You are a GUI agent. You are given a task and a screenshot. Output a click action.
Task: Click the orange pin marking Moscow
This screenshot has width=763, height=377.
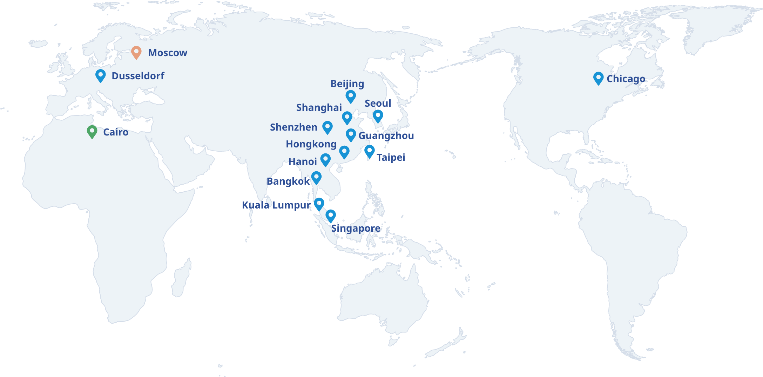tap(136, 52)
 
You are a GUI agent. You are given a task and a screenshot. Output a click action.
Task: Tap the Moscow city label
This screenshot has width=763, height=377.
tap(168, 53)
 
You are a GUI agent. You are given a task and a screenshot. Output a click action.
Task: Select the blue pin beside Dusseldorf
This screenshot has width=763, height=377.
tap(101, 75)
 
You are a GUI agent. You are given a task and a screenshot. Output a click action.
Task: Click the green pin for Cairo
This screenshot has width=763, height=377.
tap(92, 132)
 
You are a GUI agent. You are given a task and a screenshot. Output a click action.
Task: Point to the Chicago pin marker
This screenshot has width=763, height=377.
tap(598, 78)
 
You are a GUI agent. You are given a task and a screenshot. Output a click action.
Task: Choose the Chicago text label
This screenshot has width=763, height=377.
tap(626, 79)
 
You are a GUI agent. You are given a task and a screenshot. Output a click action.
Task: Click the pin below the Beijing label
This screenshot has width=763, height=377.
tap(351, 96)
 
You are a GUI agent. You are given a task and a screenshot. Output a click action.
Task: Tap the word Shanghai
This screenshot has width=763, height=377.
tap(319, 107)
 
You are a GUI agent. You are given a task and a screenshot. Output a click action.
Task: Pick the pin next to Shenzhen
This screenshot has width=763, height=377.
tap(328, 127)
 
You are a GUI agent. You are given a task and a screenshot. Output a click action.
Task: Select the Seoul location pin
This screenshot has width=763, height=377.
tap(378, 116)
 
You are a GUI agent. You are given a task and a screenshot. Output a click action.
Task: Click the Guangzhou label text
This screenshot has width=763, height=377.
tap(386, 135)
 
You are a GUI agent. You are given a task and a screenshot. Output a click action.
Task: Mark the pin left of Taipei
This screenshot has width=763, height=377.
tap(369, 151)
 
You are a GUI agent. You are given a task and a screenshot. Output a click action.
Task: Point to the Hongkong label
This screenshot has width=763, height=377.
tap(311, 144)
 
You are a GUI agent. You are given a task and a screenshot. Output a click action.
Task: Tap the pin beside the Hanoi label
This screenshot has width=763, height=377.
tap(325, 160)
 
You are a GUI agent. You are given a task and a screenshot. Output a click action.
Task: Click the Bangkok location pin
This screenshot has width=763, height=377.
tap(316, 178)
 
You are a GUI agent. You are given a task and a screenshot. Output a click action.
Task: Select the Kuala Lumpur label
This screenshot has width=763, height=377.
tap(276, 205)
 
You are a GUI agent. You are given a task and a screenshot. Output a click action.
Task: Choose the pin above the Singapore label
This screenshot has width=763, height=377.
tap(330, 216)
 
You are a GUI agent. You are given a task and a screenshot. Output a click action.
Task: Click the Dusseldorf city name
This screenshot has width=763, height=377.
tap(138, 76)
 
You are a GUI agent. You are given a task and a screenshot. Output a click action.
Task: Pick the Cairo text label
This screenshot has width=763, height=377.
tap(116, 132)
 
